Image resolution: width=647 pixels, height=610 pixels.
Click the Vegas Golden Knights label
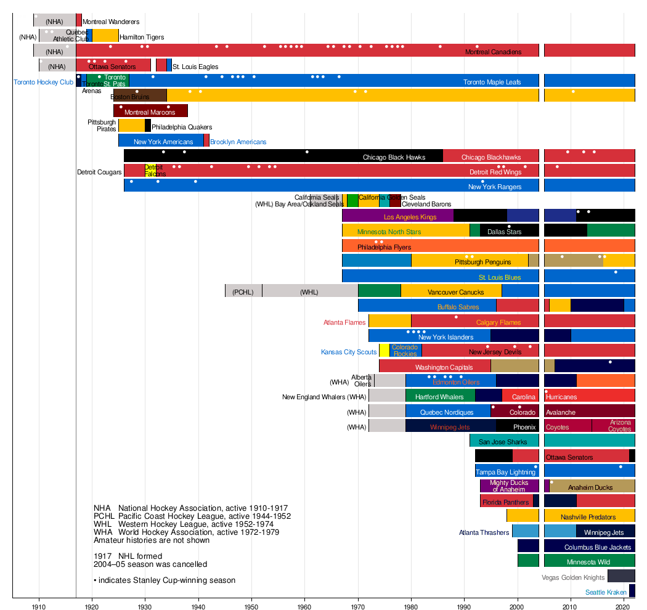click(x=573, y=577)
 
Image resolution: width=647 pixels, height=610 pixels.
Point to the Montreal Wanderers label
click(x=111, y=22)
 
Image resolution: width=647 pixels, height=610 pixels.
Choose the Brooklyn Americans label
click(x=238, y=142)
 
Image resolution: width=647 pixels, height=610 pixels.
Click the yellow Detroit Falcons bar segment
click(x=150, y=171)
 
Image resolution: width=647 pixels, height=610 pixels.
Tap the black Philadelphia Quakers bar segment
click(x=148, y=126)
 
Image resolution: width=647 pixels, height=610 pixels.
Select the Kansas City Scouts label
click(x=349, y=352)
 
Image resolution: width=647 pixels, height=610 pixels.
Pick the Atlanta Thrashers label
click(x=484, y=532)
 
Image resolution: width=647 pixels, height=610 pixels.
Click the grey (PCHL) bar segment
click(x=243, y=291)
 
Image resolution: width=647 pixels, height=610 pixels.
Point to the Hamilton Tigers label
click(x=142, y=37)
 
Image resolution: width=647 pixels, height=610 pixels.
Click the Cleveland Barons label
click(x=426, y=204)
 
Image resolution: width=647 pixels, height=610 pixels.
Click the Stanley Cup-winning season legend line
click(x=165, y=580)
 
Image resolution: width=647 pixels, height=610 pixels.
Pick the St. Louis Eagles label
click(x=195, y=67)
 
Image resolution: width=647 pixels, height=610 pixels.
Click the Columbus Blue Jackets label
click(x=598, y=547)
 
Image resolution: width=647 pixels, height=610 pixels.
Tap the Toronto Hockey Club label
click(x=44, y=82)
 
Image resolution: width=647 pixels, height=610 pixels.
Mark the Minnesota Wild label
click(x=588, y=562)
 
